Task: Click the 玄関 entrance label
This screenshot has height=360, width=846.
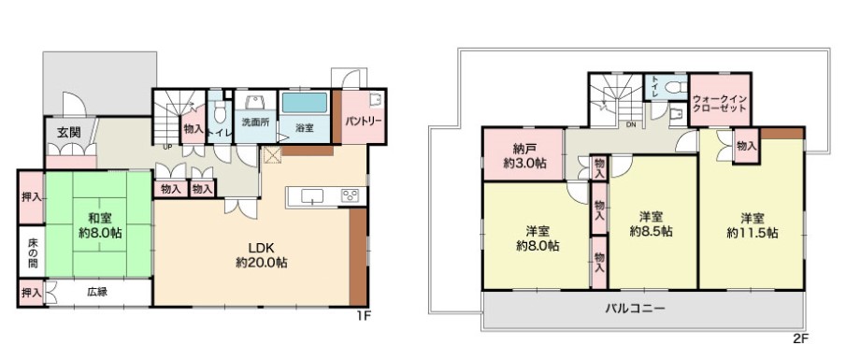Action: coord(69,132)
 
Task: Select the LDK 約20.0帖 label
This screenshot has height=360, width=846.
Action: coord(261,255)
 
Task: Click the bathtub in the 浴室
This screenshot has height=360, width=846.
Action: coord(305,103)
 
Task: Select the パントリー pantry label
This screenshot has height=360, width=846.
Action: coord(364,121)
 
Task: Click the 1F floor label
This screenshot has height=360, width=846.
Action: coord(366,316)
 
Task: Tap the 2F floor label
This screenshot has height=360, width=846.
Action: coord(801,339)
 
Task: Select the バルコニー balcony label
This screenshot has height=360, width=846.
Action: coord(635,309)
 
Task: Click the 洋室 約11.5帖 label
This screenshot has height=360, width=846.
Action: coord(753,225)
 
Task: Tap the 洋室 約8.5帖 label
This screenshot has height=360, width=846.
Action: coord(652,224)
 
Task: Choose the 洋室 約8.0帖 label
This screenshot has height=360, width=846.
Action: coord(538,238)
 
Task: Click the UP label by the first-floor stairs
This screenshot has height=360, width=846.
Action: coord(167,146)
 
